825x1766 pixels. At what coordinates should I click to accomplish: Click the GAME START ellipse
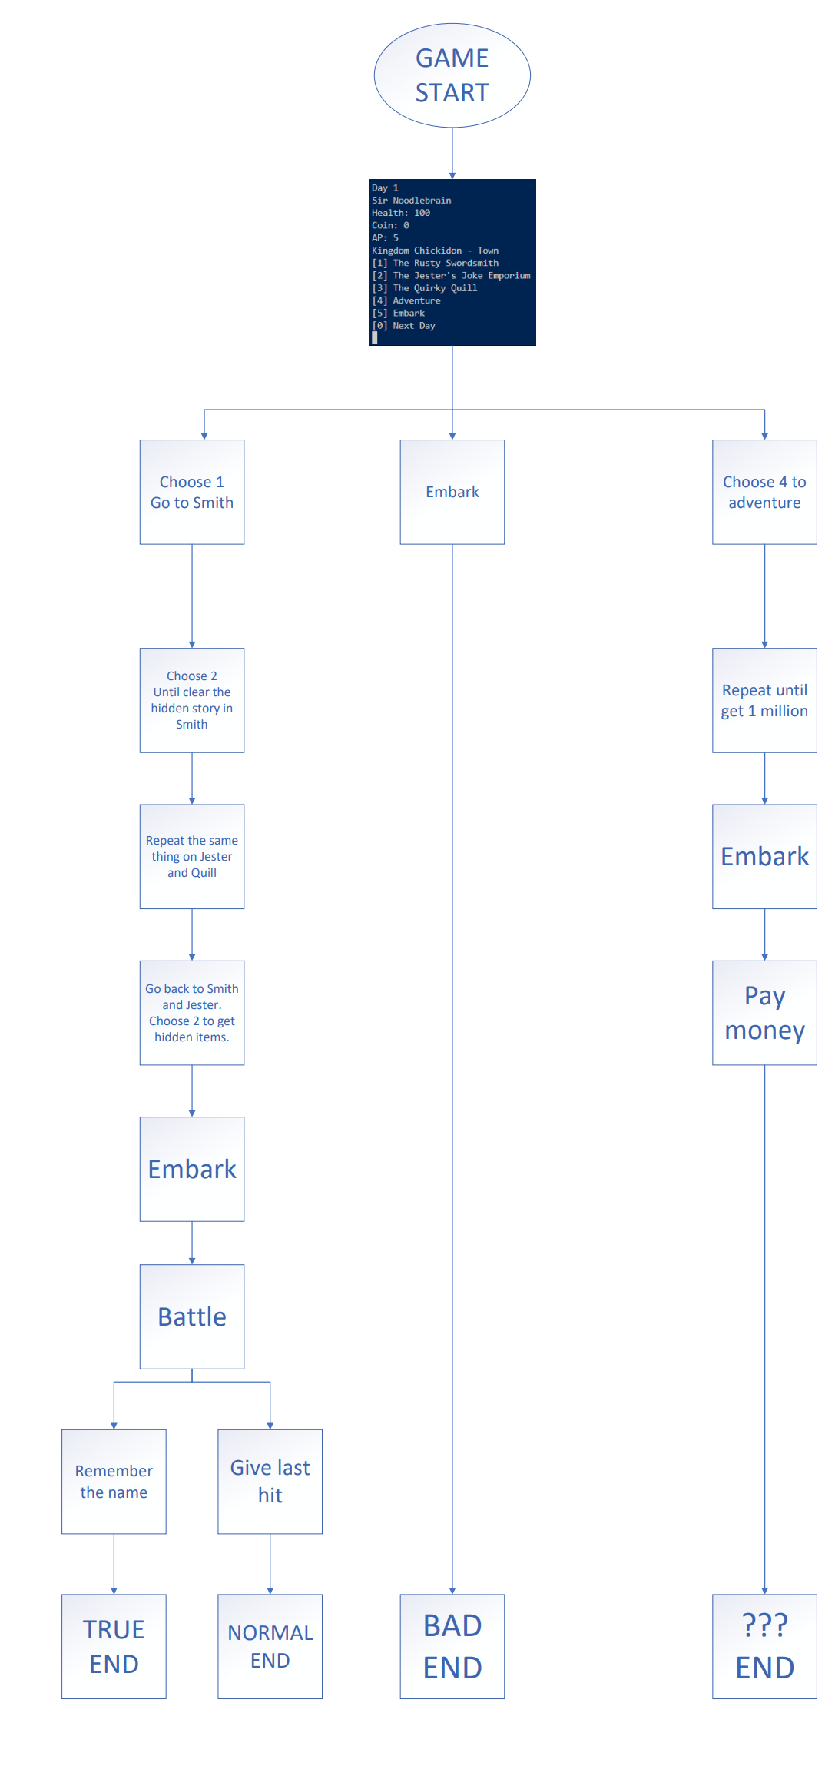click(452, 75)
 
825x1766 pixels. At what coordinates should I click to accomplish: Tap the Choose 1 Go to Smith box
click(192, 492)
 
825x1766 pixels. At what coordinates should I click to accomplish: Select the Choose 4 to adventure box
click(764, 492)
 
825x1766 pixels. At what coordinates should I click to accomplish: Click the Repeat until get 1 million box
click(764, 700)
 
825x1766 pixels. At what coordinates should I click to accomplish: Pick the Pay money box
click(764, 1012)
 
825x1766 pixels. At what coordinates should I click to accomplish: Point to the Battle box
click(192, 1316)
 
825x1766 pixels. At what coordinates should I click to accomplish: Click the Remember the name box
click(114, 1481)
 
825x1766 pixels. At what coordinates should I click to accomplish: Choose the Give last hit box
click(270, 1481)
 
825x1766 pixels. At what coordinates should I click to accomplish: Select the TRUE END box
click(114, 1646)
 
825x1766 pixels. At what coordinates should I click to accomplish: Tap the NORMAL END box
click(270, 1646)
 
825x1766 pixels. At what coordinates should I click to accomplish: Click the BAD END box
click(452, 1646)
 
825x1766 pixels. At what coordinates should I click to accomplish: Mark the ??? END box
click(764, 1646)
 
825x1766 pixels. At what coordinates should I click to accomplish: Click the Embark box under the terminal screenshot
click(452, 492)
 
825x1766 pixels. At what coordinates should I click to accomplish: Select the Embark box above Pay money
click(764, 856)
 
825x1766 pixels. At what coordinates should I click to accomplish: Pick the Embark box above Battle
click(192, 1168)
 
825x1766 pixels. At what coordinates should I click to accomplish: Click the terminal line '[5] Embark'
click(408, 313)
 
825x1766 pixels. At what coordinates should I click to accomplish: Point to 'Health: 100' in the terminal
click(401, 213)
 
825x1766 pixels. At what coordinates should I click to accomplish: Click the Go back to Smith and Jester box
click(192, 1012)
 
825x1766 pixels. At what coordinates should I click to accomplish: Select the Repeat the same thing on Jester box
click(192, 856)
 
